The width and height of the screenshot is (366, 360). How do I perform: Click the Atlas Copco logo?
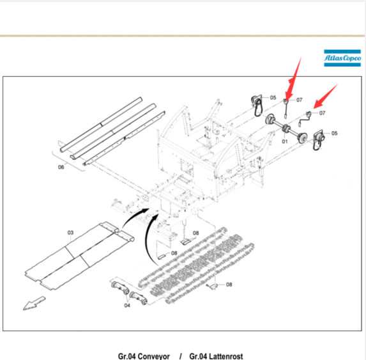click(x=342, y=58)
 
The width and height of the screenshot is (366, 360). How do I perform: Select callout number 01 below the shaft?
click(x=284, y=141)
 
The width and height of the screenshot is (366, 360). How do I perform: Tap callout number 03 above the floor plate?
click(x=70, y=233)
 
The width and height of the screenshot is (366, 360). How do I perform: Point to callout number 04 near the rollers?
click(x=127, y=306)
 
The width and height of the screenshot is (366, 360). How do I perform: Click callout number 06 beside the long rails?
click(x=61, y=167)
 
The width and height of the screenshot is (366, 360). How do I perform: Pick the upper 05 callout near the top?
click(x=273, y=97)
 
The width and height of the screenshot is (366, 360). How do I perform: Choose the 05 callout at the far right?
click(x=335, y=133)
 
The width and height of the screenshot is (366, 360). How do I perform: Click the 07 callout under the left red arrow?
click(x=299, y=100)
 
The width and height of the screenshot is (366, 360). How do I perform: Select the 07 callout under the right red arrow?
click(x=323, y=113)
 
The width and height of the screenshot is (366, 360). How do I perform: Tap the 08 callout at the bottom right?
click(x=229, y=285)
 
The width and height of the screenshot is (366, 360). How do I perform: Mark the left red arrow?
click(x=293, y=79)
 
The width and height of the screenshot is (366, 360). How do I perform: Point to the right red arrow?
click(x=325, y=96)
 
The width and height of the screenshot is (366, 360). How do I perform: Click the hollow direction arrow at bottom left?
click(x=34, y=304)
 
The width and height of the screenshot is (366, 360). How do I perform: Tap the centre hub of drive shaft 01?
click(x=286, y=129)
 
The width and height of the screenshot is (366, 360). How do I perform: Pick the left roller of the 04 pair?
click(x=120, y=287)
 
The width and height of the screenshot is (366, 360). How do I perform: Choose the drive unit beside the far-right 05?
click(x=318, y=139)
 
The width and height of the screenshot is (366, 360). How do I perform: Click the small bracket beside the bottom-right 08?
click(x=213, y=286)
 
